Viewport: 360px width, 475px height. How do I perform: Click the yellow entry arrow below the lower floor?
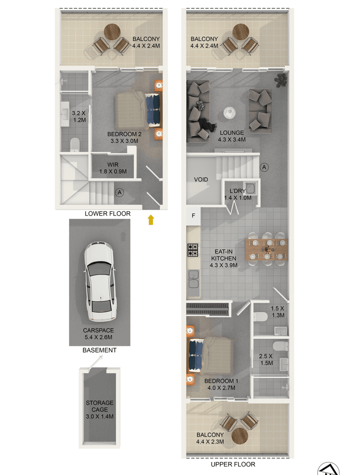(x=151, y=220)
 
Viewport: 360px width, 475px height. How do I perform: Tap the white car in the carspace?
(x=100, y=281)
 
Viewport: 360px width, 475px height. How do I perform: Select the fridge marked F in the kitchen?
(x=194, y=216)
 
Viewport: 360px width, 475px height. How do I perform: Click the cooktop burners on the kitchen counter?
(x=193, y=250)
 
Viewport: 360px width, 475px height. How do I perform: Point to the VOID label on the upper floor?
(x=201, y=180)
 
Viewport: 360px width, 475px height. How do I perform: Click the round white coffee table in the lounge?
(x=230, y=113)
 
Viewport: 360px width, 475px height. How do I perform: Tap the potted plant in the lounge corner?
(x=280, y=80)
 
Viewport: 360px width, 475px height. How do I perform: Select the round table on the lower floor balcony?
(x=112, y=32)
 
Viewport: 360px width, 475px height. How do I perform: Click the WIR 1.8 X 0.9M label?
(x=113, y=168)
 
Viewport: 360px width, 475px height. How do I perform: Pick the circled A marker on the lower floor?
(x=120, y=193)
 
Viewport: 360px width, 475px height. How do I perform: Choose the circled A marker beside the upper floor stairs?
(x=264, y=167)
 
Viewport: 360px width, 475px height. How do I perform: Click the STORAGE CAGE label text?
(x=100, y=406)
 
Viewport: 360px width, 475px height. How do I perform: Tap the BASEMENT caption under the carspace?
(x=100, y=350)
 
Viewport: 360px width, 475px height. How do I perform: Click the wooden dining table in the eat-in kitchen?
(x=266, y=250)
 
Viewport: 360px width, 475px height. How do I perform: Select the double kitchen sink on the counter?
(x=193, y=279)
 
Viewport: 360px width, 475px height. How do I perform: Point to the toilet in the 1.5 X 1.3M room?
(x=260, y=317)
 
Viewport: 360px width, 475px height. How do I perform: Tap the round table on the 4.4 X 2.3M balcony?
(x=240, y=435)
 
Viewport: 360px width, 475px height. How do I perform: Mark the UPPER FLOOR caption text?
(x=233, y=464)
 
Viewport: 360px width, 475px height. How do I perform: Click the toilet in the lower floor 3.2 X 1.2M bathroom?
(x=75, y=144)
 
